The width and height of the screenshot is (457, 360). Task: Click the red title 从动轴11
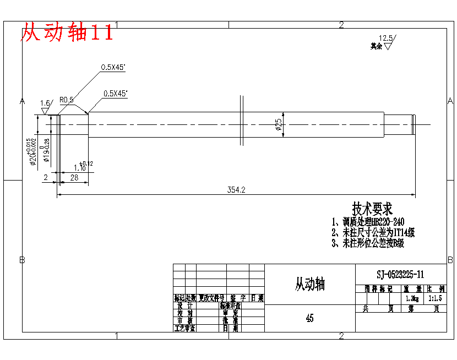[67, 33]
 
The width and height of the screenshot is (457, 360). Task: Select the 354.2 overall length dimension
[236, 190]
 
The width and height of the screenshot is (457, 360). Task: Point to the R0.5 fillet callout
[66, 100]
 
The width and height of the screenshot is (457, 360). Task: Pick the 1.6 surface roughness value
[45, 103]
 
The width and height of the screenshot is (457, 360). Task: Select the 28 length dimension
[74, 177]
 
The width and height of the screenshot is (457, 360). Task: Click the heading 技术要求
[372, 209]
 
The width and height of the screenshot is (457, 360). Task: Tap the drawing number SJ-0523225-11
[400, 274]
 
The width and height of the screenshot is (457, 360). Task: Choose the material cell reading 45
[309, 318]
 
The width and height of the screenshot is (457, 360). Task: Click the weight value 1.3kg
[412, 298]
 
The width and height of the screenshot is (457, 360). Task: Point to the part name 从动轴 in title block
[309, 284]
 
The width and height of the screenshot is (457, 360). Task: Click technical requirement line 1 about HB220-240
[368, 222]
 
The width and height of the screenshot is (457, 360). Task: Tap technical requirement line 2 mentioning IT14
[373, 233]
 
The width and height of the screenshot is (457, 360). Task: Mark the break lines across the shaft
[242, 120]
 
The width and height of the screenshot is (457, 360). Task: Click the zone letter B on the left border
[23, 259]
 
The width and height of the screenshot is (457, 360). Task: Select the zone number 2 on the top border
[341, 25]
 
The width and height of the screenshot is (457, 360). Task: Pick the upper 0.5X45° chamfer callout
[113, 68]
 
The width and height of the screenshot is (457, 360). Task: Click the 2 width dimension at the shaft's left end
[45, 177]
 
